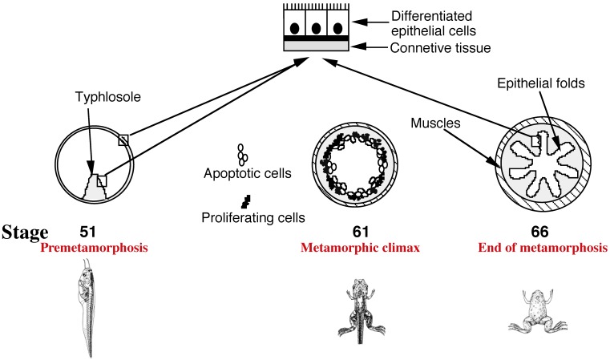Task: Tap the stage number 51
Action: click(88, 232)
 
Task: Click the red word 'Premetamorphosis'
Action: click(95, 249)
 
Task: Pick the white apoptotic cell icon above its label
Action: click(241, 154)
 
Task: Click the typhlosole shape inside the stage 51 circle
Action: click(95, 189)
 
